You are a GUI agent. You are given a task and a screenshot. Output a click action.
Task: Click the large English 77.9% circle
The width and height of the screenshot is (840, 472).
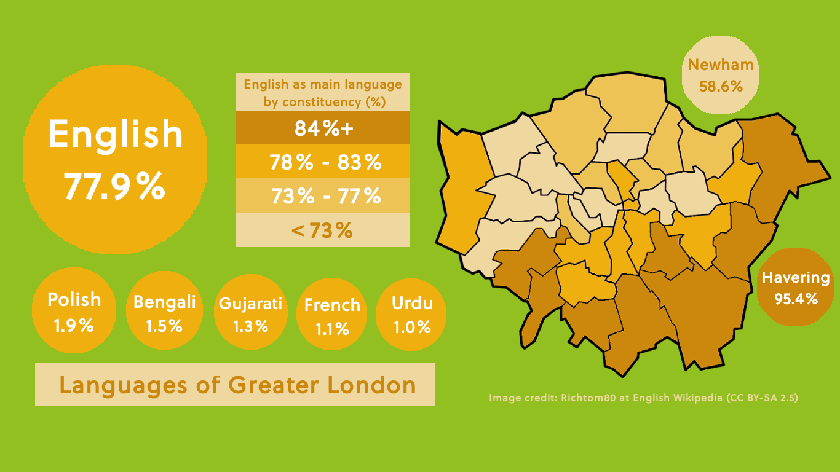click(x=115, y=160)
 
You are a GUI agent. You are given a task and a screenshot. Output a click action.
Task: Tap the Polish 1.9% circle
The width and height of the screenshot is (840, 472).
click(x=74, y=311)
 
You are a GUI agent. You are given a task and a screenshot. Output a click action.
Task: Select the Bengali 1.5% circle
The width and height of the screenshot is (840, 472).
click(x=164, y=311)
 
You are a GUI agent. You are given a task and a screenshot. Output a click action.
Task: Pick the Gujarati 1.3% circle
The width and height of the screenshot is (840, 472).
click(x=250, y=313)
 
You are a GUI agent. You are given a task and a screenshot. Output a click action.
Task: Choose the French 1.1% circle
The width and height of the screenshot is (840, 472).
click(x=332, y=315)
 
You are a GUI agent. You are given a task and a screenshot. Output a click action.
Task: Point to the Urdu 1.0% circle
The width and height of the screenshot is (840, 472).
click(x=411, y=314)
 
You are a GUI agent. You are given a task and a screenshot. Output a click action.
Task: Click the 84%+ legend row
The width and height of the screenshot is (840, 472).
click(x=323, y=128)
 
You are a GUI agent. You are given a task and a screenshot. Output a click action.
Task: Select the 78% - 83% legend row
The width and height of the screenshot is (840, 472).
click(x=323, y=162)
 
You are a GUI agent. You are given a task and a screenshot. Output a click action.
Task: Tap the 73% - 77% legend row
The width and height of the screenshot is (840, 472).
click(x=323, y=196)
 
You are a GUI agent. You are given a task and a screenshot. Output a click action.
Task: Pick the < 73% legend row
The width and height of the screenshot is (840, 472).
click(x=323, y=230)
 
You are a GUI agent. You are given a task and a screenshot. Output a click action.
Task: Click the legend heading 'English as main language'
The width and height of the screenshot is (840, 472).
click(x=323, y=84)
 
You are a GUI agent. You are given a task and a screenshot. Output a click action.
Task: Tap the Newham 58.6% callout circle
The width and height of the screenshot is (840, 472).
click(x=721, y=75)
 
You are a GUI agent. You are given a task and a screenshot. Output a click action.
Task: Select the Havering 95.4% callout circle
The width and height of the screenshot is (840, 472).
click(x=796, y=287)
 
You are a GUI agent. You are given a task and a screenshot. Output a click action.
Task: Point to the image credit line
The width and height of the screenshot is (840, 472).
click(x=643, y=398)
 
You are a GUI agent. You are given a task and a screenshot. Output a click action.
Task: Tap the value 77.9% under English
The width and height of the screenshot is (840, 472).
click(x=115, y=187)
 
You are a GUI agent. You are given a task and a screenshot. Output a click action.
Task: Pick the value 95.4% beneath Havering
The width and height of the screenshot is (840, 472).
click(x=796, y=299)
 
